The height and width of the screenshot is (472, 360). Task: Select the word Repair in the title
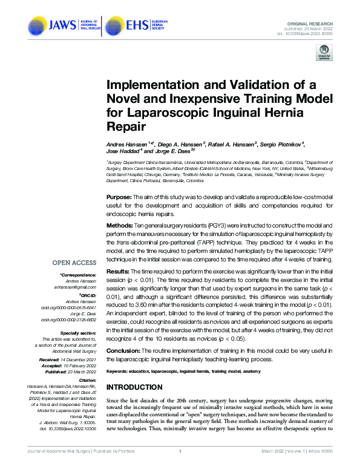coord(127,127)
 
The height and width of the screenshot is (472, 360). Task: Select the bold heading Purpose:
coord(119,197)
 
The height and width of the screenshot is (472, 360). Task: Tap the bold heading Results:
coord(118,272)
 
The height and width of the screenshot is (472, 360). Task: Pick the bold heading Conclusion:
coord(123,351)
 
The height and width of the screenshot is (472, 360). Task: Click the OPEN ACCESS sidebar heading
coord(74,263)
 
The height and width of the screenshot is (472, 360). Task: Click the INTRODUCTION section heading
coord(137,387)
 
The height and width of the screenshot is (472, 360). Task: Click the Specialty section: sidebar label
coord(78,333)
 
